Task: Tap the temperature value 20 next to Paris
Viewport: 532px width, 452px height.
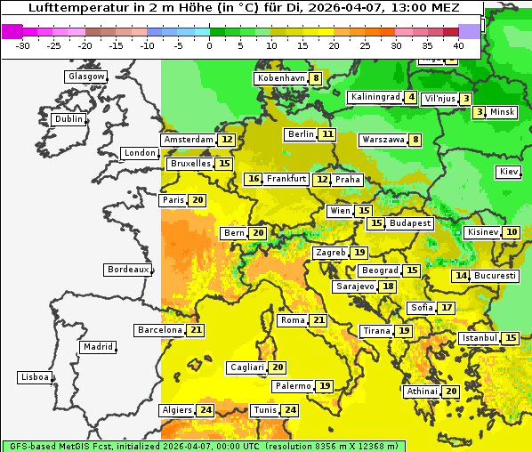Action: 197,200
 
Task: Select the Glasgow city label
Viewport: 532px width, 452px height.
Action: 86,77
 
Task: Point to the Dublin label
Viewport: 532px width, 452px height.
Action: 69,119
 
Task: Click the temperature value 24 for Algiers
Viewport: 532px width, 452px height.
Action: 206,410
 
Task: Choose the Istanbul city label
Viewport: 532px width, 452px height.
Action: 480,338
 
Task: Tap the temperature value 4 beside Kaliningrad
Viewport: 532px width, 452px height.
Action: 411,97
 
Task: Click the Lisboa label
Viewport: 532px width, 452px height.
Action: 36,377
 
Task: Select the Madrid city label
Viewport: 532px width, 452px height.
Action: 97,347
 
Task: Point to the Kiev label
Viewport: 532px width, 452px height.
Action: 510,172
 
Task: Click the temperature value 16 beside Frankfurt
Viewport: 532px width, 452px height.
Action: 254,179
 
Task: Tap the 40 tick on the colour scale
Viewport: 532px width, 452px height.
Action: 458,44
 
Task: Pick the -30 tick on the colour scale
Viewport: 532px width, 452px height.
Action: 23,44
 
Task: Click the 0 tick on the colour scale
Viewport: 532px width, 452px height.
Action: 210,44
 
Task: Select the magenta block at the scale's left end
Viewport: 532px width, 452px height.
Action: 12,31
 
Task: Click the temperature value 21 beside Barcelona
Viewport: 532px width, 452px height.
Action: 197,330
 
